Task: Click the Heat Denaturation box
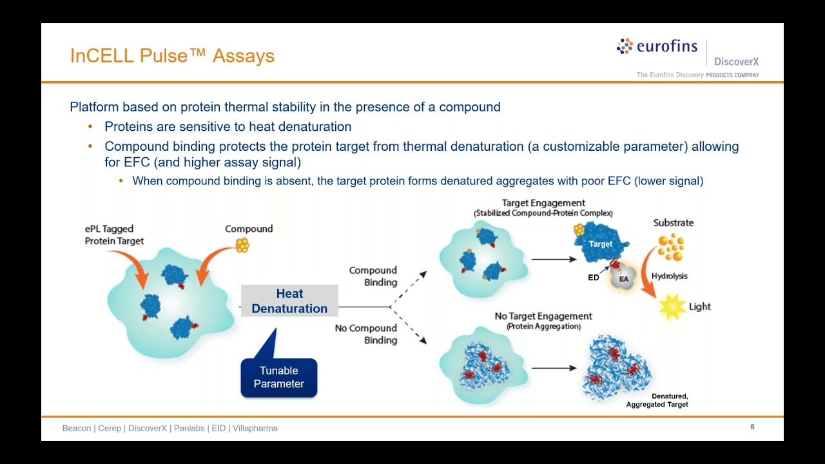[x=289, y=301]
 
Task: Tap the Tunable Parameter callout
[x=278, y=378]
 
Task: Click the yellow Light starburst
[x=672, y=307]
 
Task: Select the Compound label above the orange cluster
[x=249, y=229]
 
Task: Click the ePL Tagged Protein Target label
[x=114, y=235]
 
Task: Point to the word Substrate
[x=674, y=222]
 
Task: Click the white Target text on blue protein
[x=601, y=244]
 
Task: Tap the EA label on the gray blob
[x=624, y=278]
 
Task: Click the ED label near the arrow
[x=594, y=278]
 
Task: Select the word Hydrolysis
[x=669, y=276]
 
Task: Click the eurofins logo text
[x=666, y=46]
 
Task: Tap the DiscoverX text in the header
[x=736, y=62]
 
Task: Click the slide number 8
[x=752, y=427]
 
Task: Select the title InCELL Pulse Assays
[x=172, y=56]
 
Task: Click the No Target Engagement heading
[x=543, y=316]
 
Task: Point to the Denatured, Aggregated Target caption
[x=657, y=400]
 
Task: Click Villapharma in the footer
[x=255, y=428]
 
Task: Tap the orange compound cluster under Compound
[x=242, y=246]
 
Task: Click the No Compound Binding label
[x=366, y=334]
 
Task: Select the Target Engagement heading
[x=543, y=203]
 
